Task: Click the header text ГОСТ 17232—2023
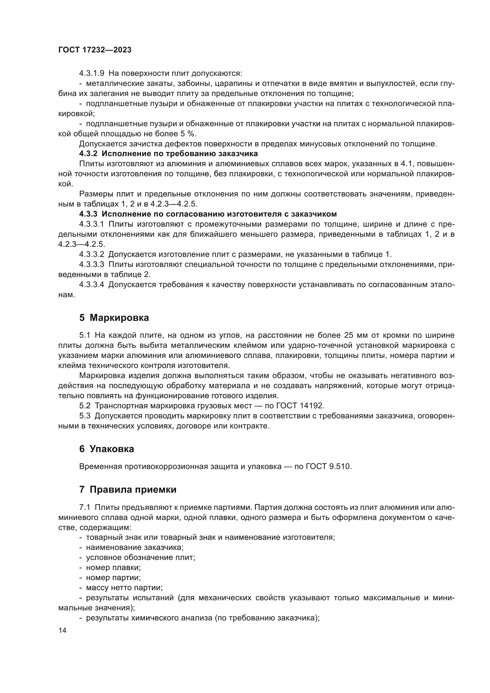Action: point(95,50)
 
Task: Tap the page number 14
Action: point(63,630)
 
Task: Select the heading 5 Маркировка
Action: point(114,318)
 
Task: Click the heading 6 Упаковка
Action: point(107,449)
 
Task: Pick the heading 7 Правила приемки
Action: point(128,489)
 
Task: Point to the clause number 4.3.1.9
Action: point(92,73)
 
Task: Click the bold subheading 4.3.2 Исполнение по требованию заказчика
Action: point(168,154)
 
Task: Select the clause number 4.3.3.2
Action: point(92,255)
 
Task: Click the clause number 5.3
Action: point(85,416)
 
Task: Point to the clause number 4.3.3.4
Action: point(92,285)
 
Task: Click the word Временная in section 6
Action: point(100,466)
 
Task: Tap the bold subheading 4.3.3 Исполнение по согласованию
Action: point(208,214)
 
